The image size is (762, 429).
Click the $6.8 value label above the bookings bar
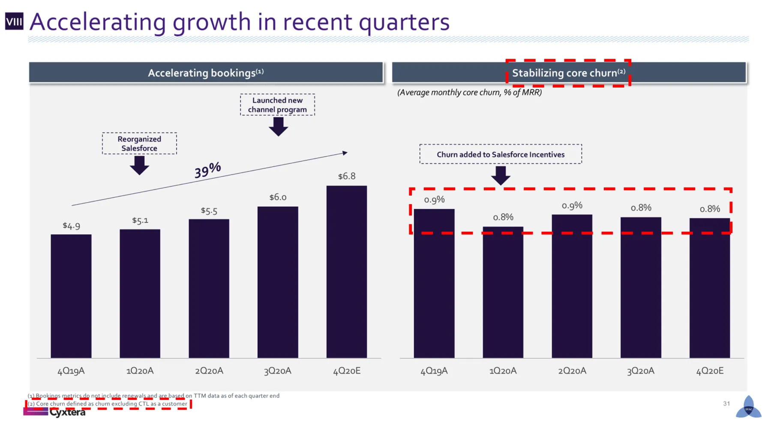coord(346,176)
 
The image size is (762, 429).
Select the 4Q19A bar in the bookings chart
coord(71,296)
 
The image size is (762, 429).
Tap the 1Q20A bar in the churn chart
coord(503,292)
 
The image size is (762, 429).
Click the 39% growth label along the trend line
coord(207,170)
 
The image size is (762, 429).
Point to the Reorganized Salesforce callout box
coord(139,143)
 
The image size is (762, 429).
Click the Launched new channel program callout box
coord(277,105)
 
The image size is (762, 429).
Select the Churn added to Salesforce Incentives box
coord(501,154)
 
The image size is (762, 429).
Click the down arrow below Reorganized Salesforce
coord(139,165)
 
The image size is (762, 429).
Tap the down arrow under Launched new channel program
coord(278,127)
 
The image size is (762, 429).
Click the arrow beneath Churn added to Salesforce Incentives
coord(501,175)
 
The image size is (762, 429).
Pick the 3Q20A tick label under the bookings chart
coord(277,371)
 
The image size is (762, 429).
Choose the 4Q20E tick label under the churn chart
coord(709,371)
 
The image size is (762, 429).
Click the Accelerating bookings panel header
coord(206,73)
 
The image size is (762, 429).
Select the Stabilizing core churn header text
coord(568,73)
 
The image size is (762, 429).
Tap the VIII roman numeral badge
coord(14,21)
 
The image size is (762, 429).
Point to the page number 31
coord(726,404)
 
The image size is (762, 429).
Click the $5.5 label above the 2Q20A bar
coord(209,211)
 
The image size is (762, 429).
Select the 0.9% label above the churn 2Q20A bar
coord(572,206)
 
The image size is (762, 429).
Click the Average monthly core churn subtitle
coord(469,93)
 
